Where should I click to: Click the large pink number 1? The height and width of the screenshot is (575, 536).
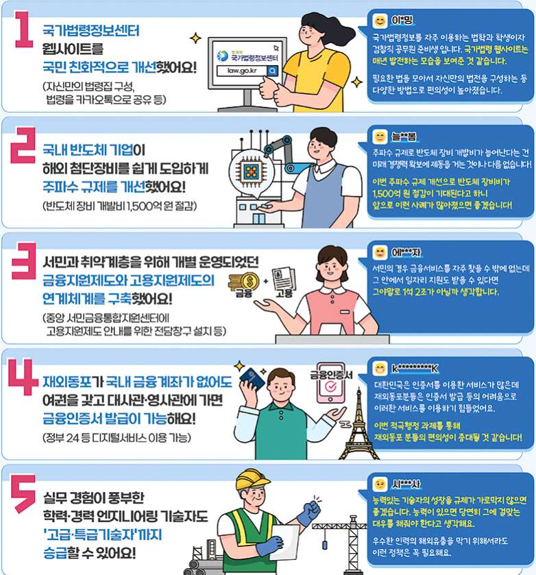[24, 30]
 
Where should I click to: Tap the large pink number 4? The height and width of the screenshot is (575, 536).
[23, 377]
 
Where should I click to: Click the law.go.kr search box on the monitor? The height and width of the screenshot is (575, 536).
[242, 71]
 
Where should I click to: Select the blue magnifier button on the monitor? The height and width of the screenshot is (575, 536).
[273, 71]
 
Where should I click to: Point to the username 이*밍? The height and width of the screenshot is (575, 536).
[402, 20]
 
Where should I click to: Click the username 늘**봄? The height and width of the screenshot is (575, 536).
[404, 137]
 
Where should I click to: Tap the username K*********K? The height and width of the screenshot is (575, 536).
[415, 368]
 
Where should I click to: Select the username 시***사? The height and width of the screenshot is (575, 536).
[406, 484]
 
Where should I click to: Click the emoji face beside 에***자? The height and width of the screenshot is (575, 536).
[380, 253]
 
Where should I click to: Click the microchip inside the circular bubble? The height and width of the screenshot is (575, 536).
[251, 171]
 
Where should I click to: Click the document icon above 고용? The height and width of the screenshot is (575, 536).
[284, 279]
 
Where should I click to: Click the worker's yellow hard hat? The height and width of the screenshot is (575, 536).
[253, 479]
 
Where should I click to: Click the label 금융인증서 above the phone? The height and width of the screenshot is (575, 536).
[331, 375]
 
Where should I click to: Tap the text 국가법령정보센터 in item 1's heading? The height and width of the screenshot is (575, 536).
[91, 30]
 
